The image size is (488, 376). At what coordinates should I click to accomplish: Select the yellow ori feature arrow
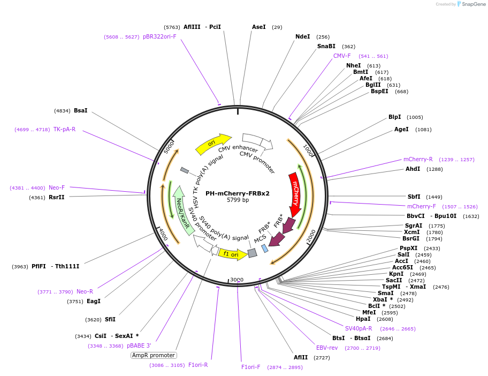(212, 143)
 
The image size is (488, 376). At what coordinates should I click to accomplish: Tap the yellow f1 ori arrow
(232, 254)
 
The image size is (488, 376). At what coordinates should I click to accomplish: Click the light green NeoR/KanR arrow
(182, 209)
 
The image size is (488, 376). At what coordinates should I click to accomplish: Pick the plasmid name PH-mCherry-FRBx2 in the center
(238, 193)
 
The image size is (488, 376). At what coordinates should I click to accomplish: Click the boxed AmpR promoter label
(154, 355)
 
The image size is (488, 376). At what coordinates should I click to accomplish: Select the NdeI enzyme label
(302, 37)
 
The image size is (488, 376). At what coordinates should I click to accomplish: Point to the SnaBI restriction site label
(326, 47)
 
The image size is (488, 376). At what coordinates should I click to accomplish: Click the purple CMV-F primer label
(342, 56)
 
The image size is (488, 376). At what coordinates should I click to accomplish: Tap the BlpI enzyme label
(394, 117)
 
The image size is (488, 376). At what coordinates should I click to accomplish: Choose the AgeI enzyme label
(401, 129)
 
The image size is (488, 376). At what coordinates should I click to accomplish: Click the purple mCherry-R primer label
(418, 160)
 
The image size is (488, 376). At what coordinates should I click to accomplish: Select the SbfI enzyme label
(414, 197)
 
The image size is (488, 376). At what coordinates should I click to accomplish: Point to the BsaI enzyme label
(81, 110)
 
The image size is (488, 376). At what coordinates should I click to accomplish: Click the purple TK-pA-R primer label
(64, 129)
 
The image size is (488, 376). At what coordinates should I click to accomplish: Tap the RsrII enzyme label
(56, 197)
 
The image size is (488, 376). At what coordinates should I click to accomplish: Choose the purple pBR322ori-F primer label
(159, 36)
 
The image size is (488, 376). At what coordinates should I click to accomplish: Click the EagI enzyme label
(94, 301)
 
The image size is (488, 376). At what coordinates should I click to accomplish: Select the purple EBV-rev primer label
(326, 348)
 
